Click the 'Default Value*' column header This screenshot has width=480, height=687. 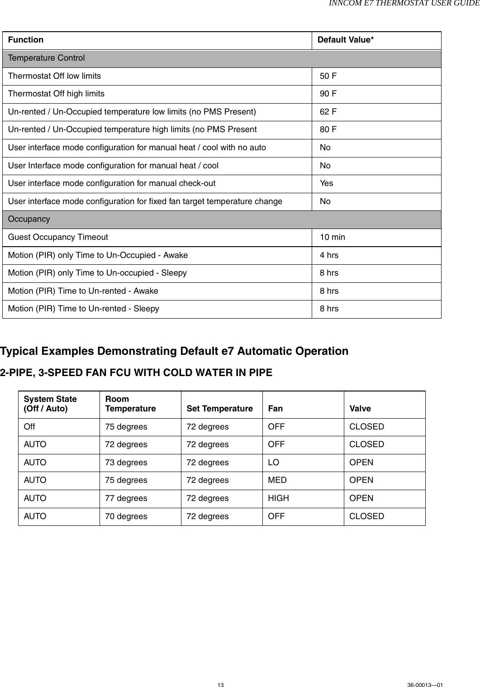346,40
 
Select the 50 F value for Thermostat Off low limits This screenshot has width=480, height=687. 328,76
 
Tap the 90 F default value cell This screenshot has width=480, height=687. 328,94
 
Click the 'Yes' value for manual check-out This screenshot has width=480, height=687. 326,183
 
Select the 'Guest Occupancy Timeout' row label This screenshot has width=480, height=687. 58,237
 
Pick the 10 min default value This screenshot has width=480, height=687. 333,237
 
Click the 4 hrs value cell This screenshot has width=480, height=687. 329,255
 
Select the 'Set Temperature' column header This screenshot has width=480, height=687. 219,409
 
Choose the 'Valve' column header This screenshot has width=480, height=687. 360,409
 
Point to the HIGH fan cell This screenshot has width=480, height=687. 278,498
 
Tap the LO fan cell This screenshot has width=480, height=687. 274,463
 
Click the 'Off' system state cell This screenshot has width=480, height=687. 29,427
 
